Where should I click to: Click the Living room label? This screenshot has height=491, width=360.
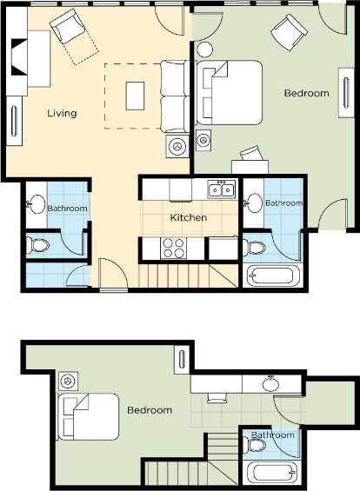click(62, 113)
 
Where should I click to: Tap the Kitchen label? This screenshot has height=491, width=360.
click(189, 217)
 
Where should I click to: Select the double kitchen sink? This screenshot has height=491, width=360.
click(221, 189)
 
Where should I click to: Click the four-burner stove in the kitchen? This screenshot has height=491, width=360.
click(173, 248)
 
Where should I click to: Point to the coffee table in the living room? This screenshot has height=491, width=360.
click(135, 96)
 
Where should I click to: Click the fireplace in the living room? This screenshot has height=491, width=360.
click(19, 56)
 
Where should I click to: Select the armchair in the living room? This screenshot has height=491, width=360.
click(68, 26)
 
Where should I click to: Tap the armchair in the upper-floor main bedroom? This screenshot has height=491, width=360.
click(289, 32)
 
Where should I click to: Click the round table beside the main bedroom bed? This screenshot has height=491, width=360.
click(204, 50)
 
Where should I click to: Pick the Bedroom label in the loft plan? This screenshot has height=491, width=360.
click(150, 410)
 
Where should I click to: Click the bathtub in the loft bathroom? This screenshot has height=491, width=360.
click(271, 473)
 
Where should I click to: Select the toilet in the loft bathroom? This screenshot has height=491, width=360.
click(255, 445)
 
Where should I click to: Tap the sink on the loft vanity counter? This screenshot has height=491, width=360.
click(271, 384)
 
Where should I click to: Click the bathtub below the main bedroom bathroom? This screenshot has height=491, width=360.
click(271, 275)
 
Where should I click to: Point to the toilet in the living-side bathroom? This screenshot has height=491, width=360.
click(37, 245)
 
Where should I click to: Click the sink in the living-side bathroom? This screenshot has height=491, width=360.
click(36, 204)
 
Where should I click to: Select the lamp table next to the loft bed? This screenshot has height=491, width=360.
click(68, 382)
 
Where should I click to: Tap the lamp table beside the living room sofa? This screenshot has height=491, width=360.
click(177, 146)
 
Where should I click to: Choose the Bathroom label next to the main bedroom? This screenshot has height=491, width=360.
click(283, 202)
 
